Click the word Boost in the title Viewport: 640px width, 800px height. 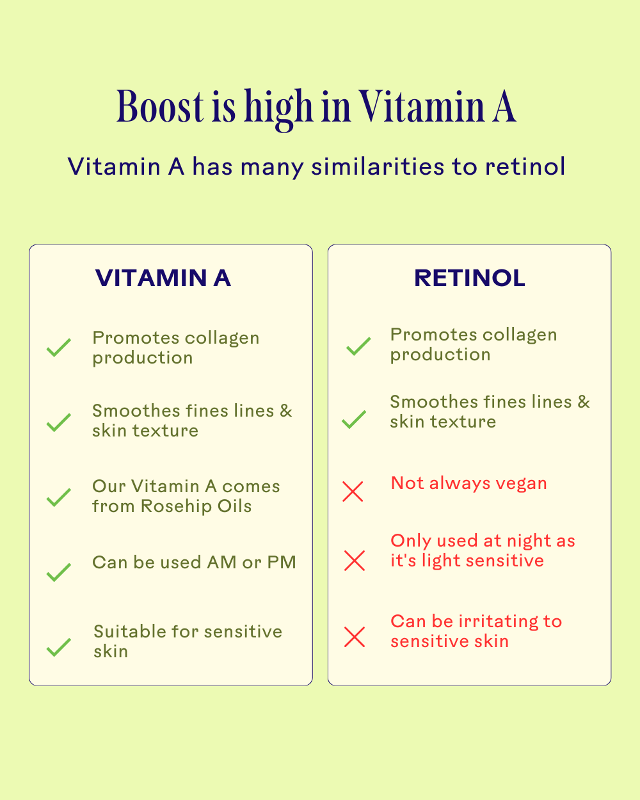pos(160,107)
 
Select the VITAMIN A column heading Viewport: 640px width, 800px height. pos(163,278)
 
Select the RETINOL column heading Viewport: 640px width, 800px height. pos(470,278)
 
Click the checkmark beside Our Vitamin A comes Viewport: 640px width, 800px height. pos(59,497)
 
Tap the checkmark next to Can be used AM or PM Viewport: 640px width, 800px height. pos(59,572)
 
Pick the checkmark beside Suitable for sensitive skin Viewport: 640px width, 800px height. pos(59,647)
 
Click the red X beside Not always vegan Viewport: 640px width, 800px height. pos(353,492)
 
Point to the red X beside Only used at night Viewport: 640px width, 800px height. pos(354,561)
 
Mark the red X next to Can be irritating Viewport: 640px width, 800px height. pos(354,637)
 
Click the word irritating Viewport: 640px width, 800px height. pos(499,621)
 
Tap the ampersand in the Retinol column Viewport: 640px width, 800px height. pos(583,402)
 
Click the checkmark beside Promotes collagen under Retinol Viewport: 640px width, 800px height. pos(358,346)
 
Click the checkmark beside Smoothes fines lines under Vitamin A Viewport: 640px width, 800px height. pos(59,422)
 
